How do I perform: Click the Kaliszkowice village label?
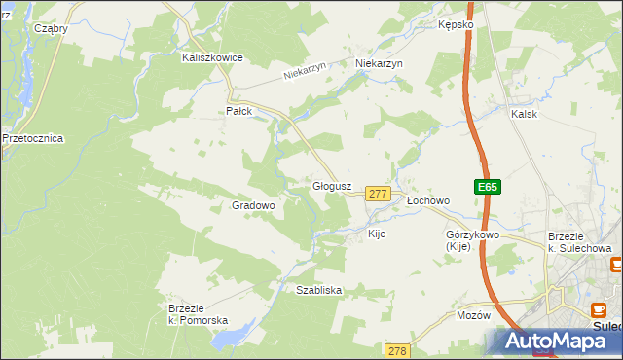[211, 57]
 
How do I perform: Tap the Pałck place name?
[239, 111]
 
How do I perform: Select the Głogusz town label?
[331, 185]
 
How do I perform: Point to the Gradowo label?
[253, 205]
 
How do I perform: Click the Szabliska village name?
[318, 290]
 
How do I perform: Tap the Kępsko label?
[456, 23]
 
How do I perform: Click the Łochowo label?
[427, 200]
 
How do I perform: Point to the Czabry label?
[51, 28]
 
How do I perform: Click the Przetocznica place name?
[32, 138]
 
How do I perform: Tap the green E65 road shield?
[488, 187]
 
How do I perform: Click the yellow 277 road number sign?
[379, 195]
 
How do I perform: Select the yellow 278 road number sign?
[396, 350]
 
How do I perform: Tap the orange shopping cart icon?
[615, 265]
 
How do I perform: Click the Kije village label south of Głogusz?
[377, 234]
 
